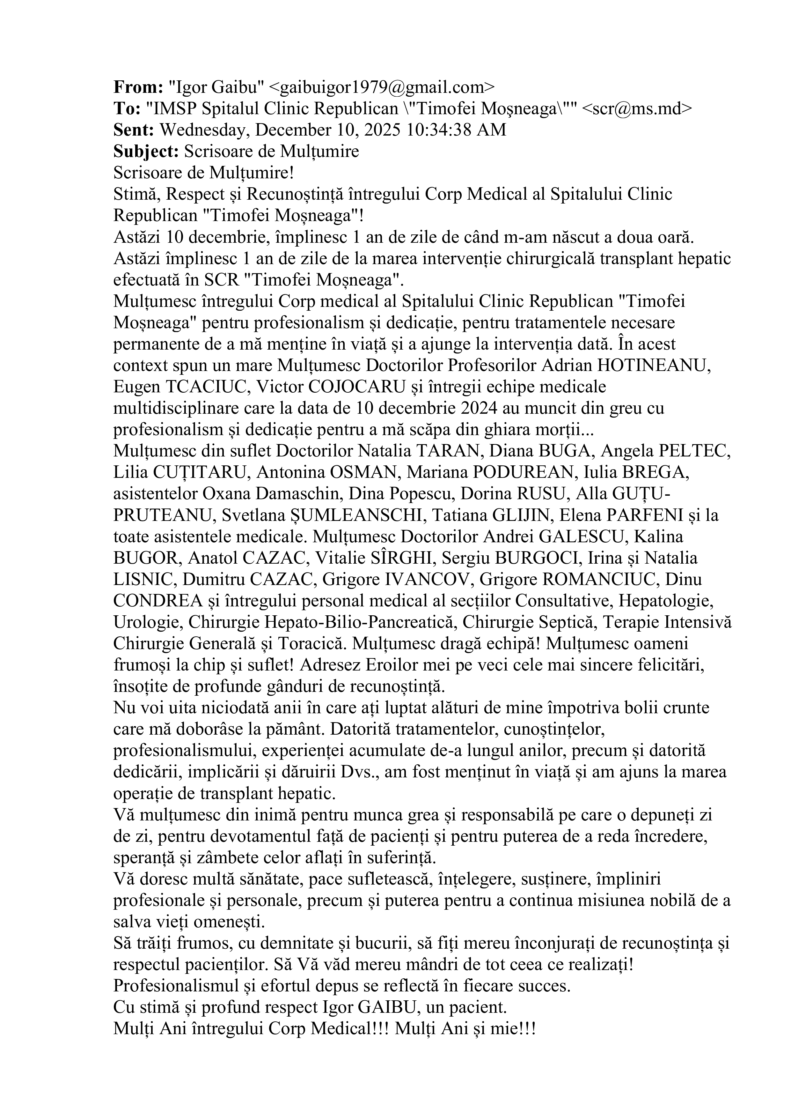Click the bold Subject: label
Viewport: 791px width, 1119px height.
click(146, 152)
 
